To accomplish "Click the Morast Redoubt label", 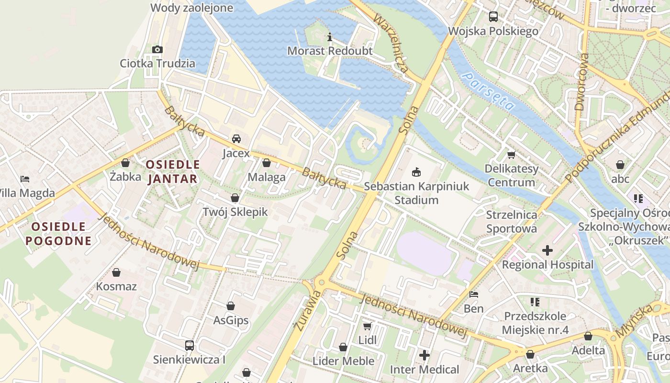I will point(330,51).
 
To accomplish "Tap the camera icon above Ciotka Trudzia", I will point(157,49).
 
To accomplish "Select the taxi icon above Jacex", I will point(236,139).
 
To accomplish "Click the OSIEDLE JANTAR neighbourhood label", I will point(172,172).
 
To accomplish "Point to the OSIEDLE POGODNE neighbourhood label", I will point(58,233).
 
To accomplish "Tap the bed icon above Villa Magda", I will point(25,179).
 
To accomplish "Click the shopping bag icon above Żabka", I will point(125,163).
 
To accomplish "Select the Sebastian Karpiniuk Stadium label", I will point(416,193).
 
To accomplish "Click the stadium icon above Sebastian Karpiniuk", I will point(416,171).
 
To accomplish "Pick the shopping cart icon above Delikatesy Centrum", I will point(511,155).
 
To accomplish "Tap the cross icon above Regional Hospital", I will point(547,250).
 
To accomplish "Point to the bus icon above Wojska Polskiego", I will point(493,17).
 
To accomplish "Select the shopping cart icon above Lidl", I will point(368,326).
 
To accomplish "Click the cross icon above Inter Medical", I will point(424,355).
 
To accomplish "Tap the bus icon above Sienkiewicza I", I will point(189,345).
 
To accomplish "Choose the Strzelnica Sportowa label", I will point(512,222).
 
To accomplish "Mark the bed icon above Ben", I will point(474,294).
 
